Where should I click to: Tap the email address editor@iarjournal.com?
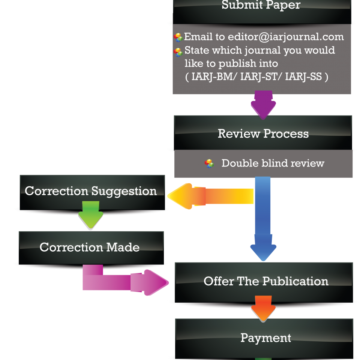pyautogui.click(x=286, y=37)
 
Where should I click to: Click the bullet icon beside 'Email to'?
pyautogui.click(x=178, y=37)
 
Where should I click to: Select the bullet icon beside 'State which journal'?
pyautogui.click(x=178, y=52)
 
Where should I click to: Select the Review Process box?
pyautogui.click(x=263, y=134)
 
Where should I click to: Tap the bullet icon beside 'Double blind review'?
pyautogui.click(x=209, y=163)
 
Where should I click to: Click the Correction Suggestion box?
pyautogui.click(x=91, y=191)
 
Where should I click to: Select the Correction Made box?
pyautogui.click(x=90, y=247)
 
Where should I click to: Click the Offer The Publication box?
pyautogui.click(x=265, y=282)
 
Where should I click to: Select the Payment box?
pyautogui.click(x=265, y=338)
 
